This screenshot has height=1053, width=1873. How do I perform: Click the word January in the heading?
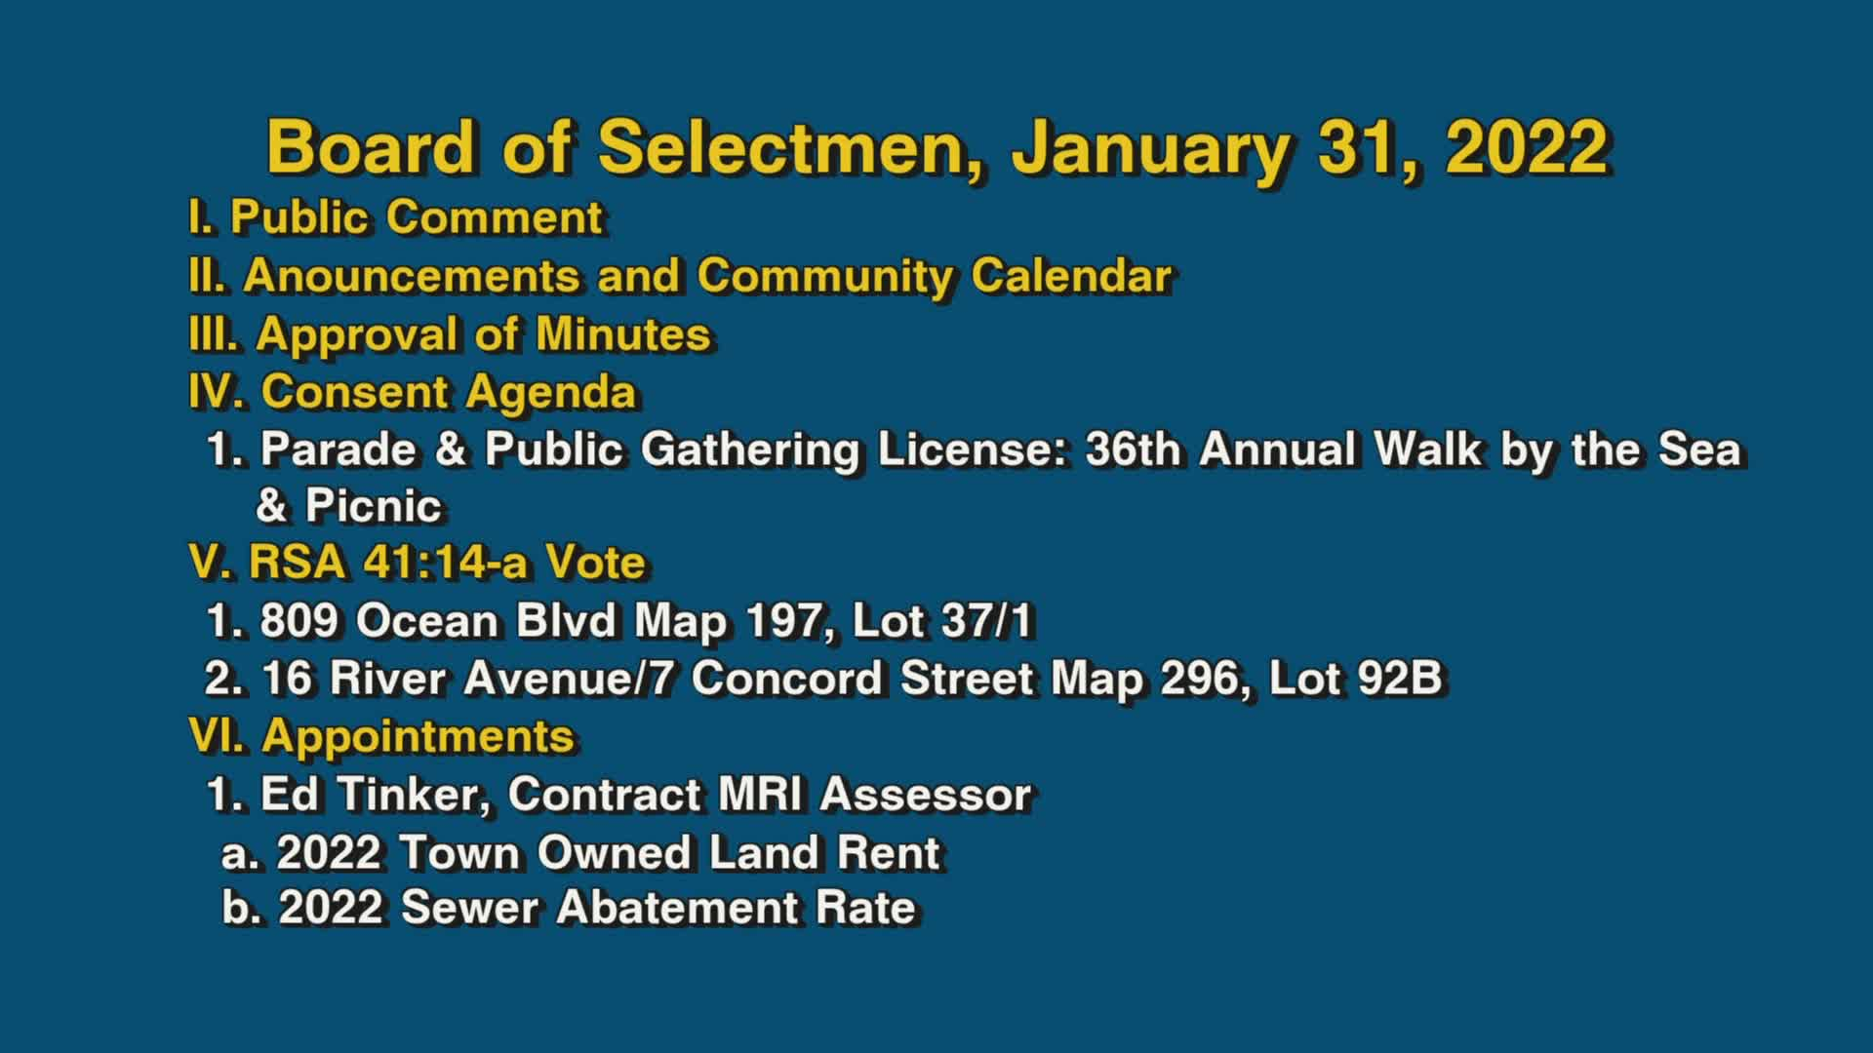click(x=1151, y=148)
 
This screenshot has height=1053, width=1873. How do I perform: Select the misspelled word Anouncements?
click(x=412, y=276)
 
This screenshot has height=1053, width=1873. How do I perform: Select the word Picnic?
click(x=374, y=506)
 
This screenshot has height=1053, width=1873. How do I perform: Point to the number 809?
click(x=299, y=621)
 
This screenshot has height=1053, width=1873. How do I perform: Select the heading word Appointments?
click(x=418, y=736)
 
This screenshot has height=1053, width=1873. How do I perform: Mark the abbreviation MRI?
click(x=760, y=795)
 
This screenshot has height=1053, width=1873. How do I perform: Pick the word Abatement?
click(x=677, y=908)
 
